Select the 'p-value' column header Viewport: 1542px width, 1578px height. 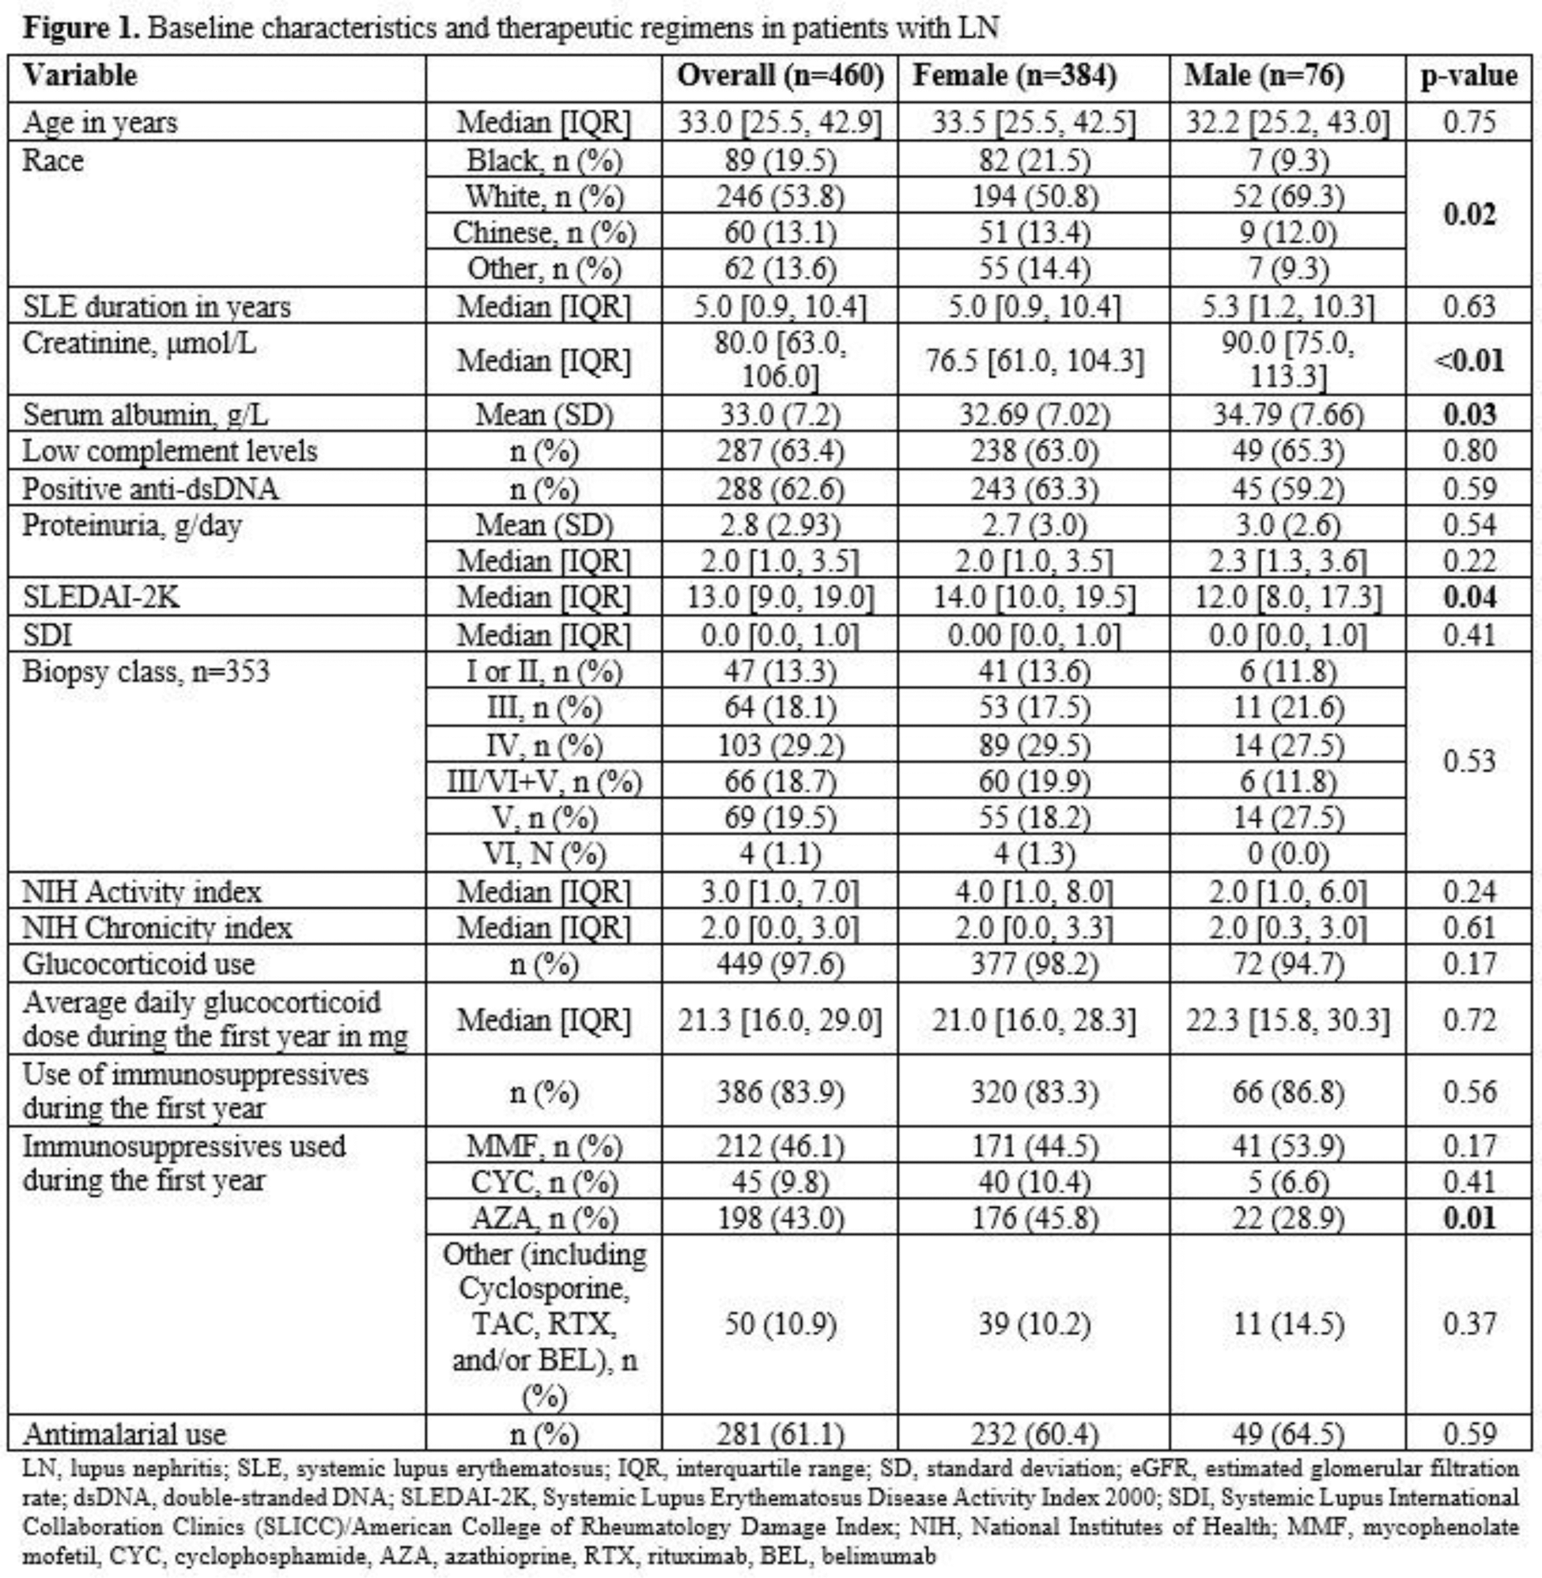(1469, 76)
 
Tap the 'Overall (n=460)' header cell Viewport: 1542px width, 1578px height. (780, 76)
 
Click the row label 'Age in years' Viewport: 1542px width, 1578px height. (100, 123)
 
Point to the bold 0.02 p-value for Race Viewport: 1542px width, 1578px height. (1469, 214)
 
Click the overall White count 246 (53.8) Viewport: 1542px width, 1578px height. (780, 197)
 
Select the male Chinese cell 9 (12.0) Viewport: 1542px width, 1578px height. (1287, 233)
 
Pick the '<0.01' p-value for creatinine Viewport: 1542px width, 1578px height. (1469, 360)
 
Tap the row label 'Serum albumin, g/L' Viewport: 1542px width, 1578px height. (145, 414)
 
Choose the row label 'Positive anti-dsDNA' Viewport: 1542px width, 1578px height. (149, 490)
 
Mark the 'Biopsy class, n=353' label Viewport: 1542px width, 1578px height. (146, 672)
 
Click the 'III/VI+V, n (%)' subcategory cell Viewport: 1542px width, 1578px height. (543, 781)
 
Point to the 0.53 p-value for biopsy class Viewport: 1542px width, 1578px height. (1469, 762)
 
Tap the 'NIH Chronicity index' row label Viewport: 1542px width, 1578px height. (157, 928)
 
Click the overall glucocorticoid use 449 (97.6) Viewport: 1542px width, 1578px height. (780, 964)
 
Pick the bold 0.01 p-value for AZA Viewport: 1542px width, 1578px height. (1469, 1218)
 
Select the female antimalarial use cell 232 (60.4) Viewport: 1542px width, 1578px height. (1034, 1435)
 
